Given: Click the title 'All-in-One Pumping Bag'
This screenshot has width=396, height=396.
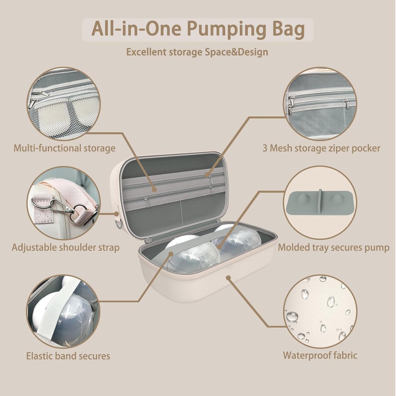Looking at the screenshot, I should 198,29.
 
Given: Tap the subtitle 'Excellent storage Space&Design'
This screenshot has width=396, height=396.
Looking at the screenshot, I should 197,52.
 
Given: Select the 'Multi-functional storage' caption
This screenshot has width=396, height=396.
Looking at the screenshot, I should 64,148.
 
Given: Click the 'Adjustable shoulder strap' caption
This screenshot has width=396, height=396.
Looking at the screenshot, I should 65,247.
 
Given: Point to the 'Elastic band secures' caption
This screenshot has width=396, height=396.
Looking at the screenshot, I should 68,356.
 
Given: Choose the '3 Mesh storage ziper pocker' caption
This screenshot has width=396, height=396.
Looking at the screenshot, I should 321,148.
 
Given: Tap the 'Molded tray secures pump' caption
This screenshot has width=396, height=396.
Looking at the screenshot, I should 334,247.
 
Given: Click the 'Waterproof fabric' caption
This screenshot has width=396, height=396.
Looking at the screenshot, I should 320,355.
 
